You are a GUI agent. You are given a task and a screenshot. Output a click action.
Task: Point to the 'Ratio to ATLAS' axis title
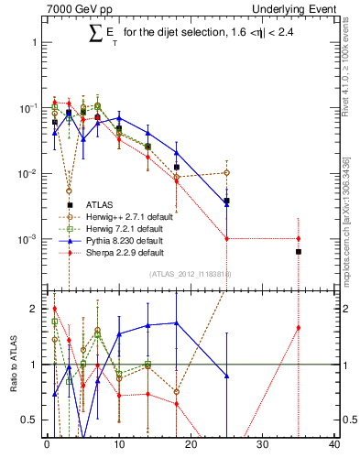(12, 365)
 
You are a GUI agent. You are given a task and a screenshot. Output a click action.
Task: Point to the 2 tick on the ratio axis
(33, 309)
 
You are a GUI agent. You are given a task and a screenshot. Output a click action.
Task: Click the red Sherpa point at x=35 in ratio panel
(299, 328)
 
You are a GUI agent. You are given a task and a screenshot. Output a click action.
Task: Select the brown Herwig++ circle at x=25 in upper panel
(226, 172)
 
